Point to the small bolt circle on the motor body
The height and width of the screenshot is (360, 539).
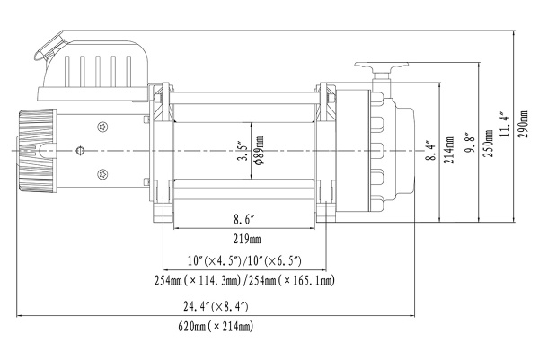tap(81, 150)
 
